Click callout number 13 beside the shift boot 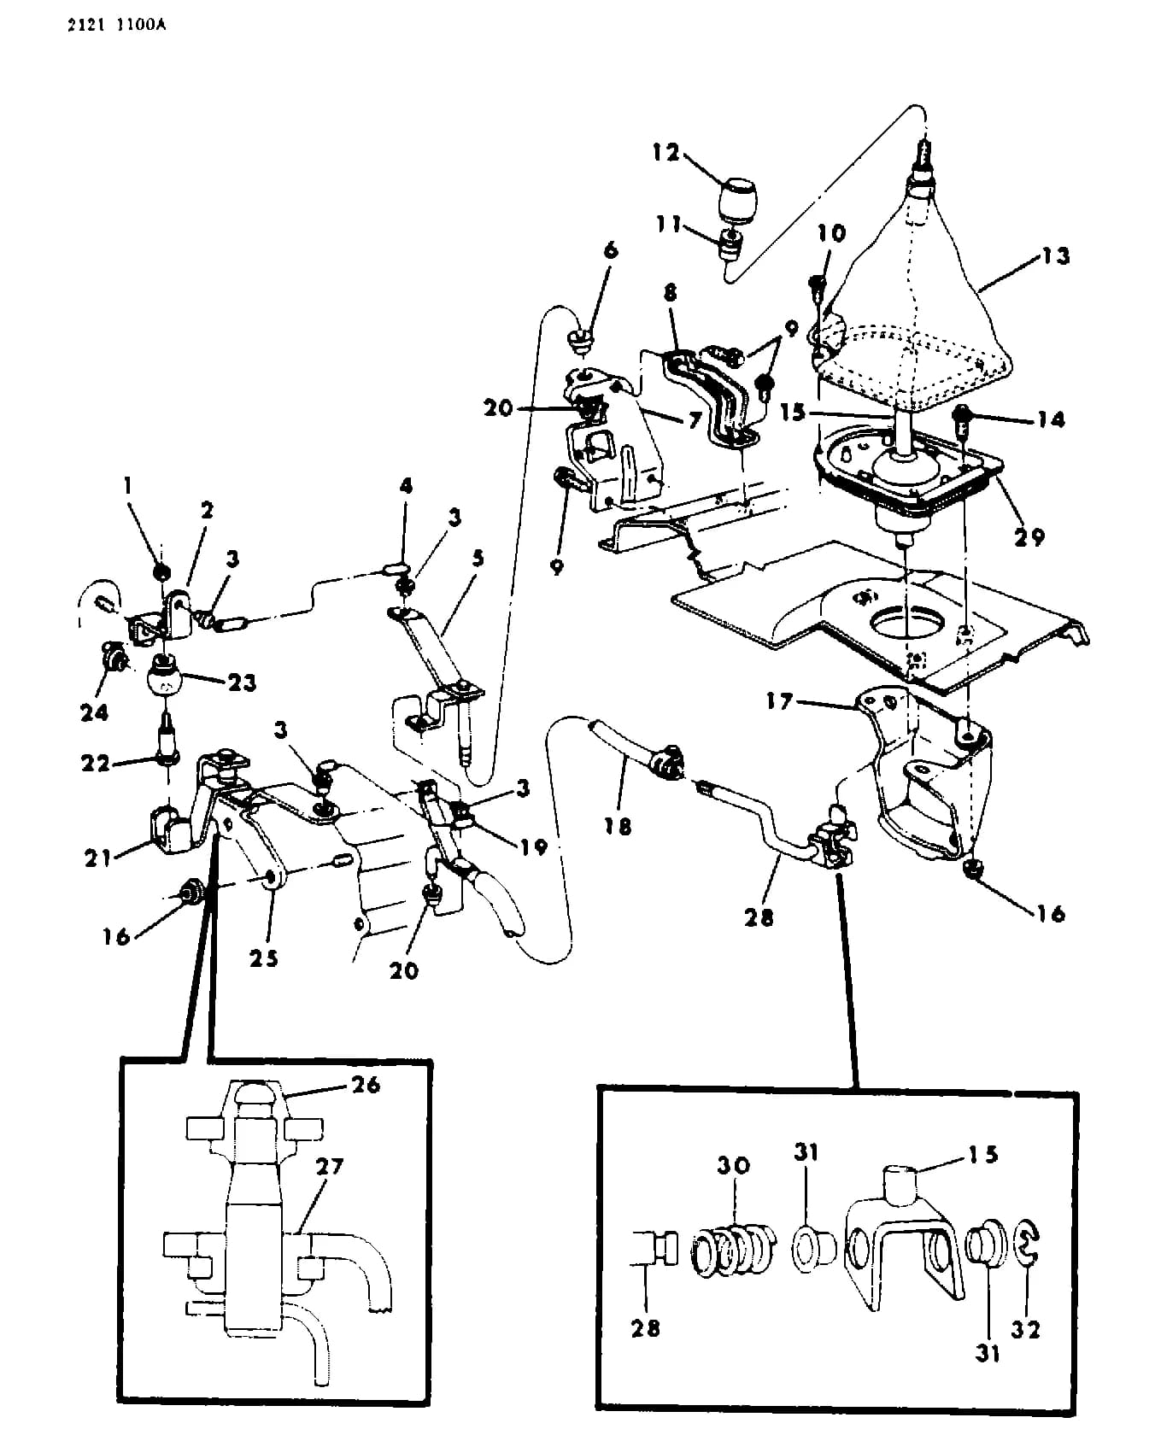coord(1056,255)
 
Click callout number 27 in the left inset coord(330,1166)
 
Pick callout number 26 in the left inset coord(366,1085)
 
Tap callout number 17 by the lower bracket coord(779,701)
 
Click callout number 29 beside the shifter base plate coord(1029,536)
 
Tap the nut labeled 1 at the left coord(160,571)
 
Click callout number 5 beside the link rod coord(478,558)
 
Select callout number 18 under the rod coord(618,826)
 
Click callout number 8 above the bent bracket coord(670,293)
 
